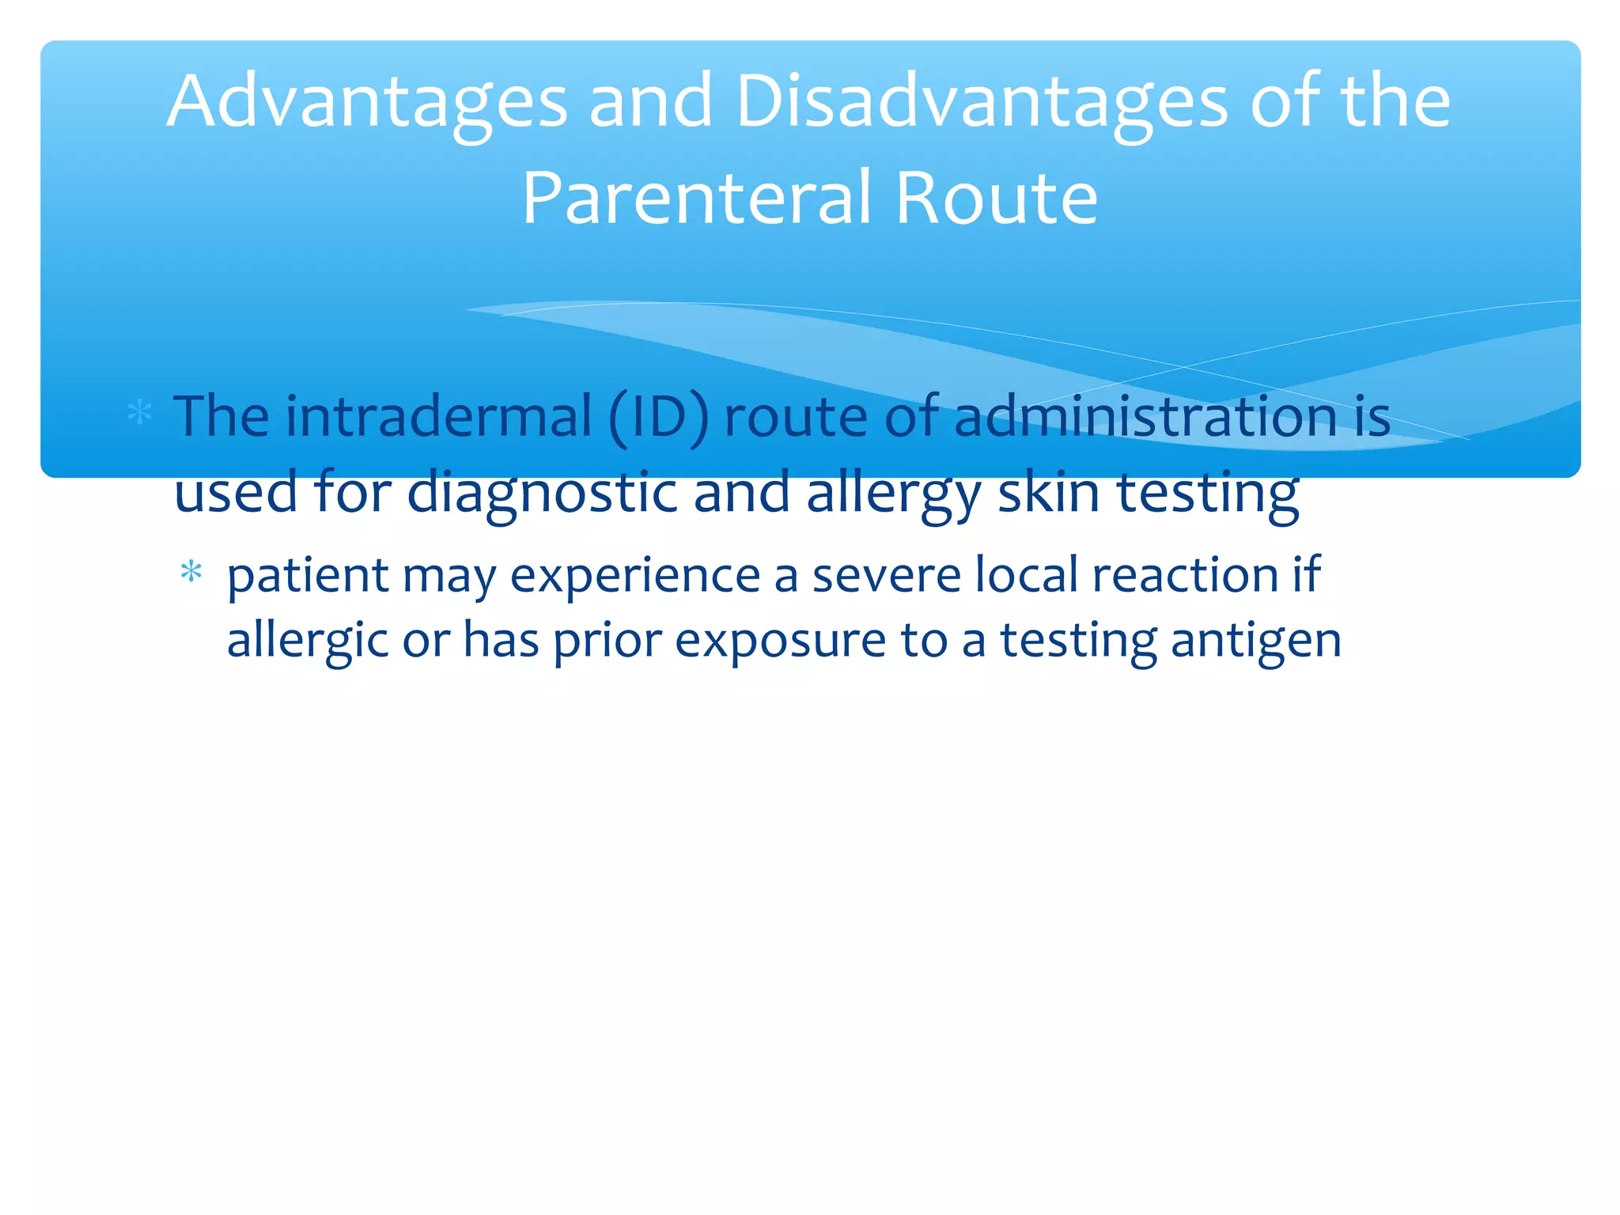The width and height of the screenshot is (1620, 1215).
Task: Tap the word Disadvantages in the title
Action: [981, 103]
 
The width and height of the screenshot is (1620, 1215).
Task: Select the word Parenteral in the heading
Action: [697, 199]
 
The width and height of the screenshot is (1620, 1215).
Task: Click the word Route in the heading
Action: [996, 199]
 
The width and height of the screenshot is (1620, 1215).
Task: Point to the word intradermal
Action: [438, 417]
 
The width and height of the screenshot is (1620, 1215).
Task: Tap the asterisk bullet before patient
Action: [191, 571]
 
